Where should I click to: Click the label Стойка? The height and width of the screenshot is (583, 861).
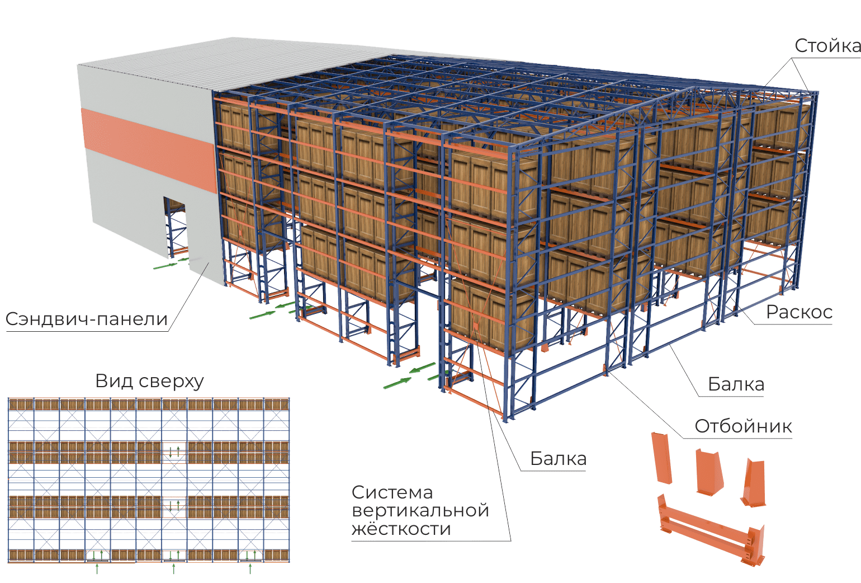click(827, 46)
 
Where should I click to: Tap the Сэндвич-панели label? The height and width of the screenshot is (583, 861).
click(87, 319)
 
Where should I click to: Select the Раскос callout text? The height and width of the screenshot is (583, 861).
click(799, 312)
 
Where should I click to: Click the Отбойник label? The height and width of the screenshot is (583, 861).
click(744, 426)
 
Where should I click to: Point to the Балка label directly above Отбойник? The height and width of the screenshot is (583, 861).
click(736, 384)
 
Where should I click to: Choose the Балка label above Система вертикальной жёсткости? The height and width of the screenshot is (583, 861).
click(558, 458)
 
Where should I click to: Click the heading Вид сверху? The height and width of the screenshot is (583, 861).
click(149, 382)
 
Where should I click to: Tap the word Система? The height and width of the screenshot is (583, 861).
click(392, 492)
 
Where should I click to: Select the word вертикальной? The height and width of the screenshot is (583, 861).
click(420, 511)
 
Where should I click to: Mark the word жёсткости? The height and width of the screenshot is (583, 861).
click(401, 529)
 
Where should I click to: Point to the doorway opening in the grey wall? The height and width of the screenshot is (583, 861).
click(176, 228)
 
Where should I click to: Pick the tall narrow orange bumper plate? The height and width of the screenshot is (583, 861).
click(661, 458)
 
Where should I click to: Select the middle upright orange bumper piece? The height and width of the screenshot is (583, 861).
click(709, 472)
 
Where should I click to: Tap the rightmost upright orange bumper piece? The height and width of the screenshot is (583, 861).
click(754, 483)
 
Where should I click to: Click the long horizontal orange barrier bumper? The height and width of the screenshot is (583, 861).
click(711, 532)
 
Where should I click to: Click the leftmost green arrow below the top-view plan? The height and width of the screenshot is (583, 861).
click(97, 569)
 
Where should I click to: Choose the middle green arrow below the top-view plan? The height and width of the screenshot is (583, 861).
click(174, 569)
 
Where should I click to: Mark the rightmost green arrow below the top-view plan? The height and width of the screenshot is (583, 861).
click(250, 569)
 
